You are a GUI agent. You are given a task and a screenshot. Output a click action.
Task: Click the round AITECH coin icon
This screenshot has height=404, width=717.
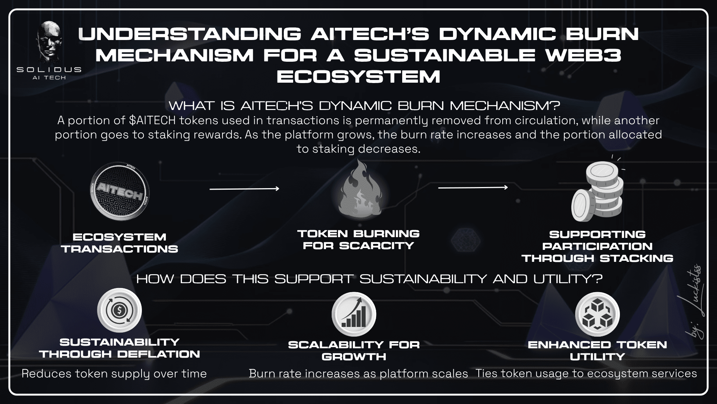(x=119, y=190)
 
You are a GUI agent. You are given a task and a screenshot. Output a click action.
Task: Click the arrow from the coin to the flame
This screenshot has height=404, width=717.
(x=244, y=189)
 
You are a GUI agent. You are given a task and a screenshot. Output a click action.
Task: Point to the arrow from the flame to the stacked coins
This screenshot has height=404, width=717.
(x=473, y=187)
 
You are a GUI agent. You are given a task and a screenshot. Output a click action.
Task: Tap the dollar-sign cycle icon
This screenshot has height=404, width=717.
(x=119, y=310)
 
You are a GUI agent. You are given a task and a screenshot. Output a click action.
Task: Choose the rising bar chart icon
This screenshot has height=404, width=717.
(x=354, y=314)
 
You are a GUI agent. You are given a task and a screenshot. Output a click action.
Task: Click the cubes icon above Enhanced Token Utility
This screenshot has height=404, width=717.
(x=597, y=314)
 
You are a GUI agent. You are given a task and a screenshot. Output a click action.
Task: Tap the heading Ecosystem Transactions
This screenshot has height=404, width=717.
(x=119, y=243)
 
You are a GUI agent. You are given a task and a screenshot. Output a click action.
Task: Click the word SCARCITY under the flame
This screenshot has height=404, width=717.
(x=376, y=245)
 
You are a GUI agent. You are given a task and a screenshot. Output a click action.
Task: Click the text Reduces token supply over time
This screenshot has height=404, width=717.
(x=114, y=374)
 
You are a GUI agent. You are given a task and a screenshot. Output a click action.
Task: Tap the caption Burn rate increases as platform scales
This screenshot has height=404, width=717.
(x=358, y=374)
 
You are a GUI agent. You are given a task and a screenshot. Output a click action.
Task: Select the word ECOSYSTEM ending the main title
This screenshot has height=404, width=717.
(x=358, y=77)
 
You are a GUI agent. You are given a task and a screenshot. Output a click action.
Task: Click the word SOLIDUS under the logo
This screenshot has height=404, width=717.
(x=49, y=70)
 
